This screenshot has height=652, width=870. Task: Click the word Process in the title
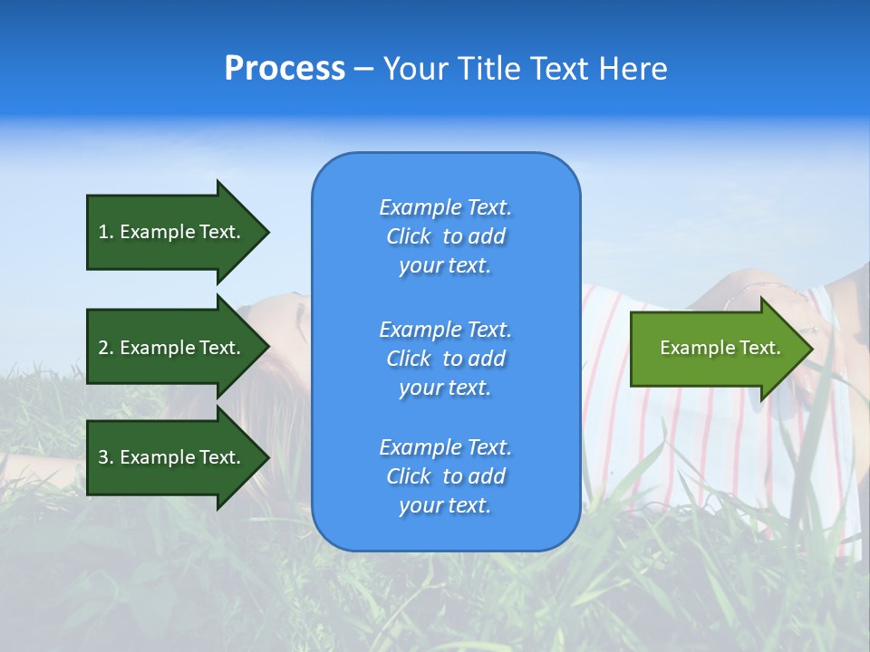(x=285, y=69)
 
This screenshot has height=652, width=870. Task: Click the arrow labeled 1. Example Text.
(x=172, y=232)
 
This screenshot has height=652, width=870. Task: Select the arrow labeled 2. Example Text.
(x=172, y=348)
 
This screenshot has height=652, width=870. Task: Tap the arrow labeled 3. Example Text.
(x=172, y=457)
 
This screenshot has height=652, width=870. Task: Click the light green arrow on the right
(x=716, y=349)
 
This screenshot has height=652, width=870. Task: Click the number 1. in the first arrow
(x=106, y=232)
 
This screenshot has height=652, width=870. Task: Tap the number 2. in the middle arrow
(x=106, y=348)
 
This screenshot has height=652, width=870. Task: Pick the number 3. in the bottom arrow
(x=106, y=457)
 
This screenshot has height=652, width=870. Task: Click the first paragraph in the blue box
(x=445, y=236)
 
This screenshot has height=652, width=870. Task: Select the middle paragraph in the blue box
(x=445, y=358)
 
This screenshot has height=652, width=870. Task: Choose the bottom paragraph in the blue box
(x=445, y=476)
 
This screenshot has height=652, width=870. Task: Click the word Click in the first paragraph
(x=409, y=236)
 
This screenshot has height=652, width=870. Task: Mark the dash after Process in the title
(x=364, y=69)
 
